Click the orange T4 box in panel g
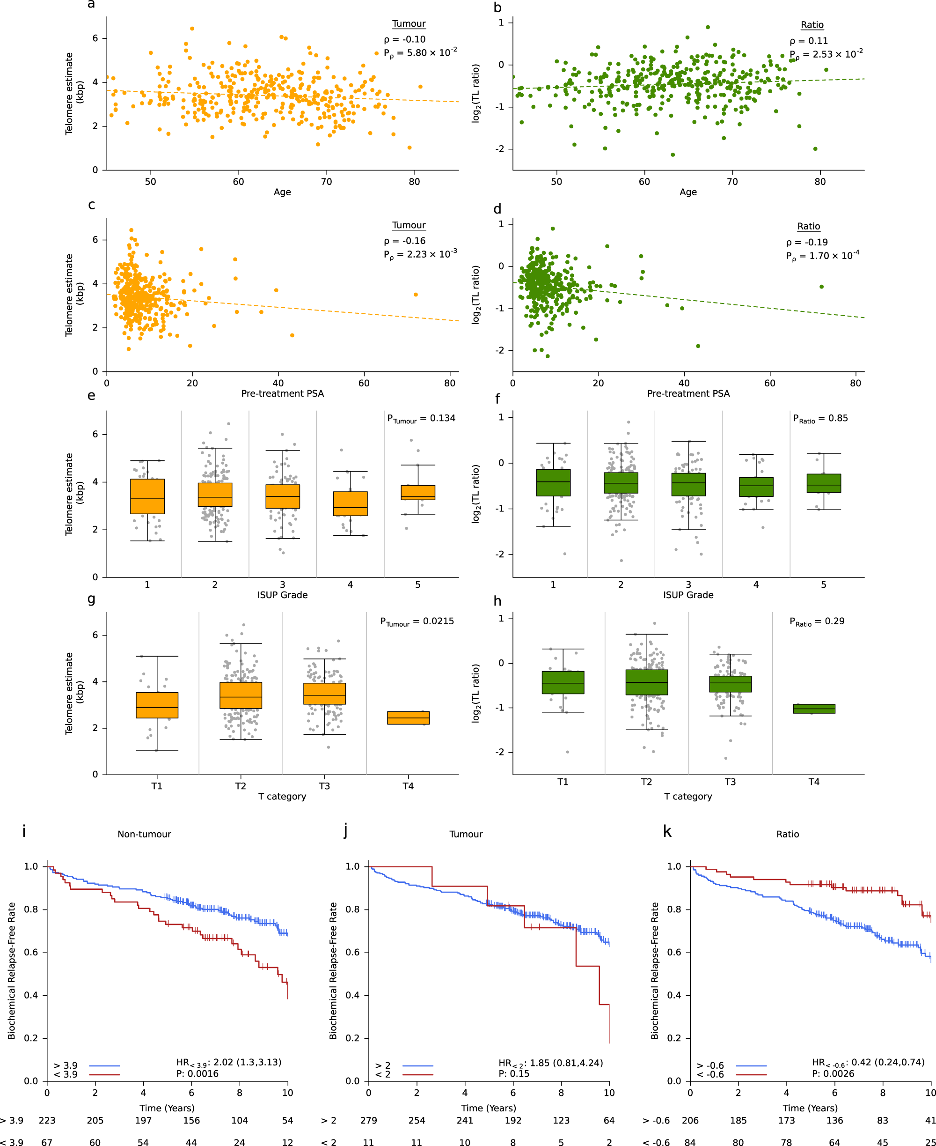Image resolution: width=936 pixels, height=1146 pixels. (x=408, y=717)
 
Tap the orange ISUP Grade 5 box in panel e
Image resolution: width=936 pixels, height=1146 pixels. (x=418, y=492)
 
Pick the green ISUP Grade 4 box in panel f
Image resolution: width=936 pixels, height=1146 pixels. (x=756, y=487)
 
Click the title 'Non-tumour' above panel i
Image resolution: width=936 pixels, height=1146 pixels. (x=144, y=834)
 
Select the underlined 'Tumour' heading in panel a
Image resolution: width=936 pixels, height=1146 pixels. (x=409, y=24)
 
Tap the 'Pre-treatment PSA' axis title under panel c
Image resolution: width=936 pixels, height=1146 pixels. (x=282, y=393)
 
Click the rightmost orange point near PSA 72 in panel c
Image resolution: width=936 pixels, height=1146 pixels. (x=416, y=295)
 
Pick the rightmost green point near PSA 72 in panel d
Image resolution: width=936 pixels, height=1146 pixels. (x=822, y=287)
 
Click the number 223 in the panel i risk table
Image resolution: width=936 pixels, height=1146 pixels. (x=47, y=1120)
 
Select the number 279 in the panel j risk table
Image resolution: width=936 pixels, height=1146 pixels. (x=368, y=1120)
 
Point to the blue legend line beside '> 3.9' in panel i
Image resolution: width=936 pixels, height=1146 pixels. (x=105, y=1065)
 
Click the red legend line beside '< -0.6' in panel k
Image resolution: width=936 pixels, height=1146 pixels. (x=751, y=1075)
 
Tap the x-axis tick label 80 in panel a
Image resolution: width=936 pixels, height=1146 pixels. (x=414, y=182)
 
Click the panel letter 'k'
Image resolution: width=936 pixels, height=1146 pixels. (x=667, y=831)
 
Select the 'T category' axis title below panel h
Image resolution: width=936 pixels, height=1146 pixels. (x=688, y=796)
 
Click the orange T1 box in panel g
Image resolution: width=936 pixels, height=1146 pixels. (x=157, y=705)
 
